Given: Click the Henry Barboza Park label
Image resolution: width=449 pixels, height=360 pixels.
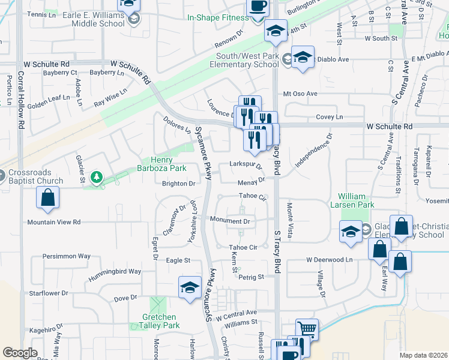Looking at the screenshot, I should tap(162, 164).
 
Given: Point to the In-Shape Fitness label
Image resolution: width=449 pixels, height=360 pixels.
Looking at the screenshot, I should tap(218, 18).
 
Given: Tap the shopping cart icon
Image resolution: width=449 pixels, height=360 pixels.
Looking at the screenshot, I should tap(307, 328).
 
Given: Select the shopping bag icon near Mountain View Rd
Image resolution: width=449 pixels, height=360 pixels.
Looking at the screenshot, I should tap(47, 197).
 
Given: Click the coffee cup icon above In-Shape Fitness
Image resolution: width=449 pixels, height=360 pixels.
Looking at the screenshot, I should tap(258, 7).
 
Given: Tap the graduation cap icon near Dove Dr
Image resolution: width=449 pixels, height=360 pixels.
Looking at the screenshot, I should tap(190, 287).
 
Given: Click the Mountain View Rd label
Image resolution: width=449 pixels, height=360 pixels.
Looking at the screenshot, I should tap(54, 222).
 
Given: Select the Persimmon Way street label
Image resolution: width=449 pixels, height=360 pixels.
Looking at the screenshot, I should tap(66, 256).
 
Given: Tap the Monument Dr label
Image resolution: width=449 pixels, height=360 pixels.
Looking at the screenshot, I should tap(229, 221).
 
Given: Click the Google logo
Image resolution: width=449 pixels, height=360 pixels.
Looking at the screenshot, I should tap(20, 353).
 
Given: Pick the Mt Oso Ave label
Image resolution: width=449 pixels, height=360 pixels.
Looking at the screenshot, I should tap(300, 94).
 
